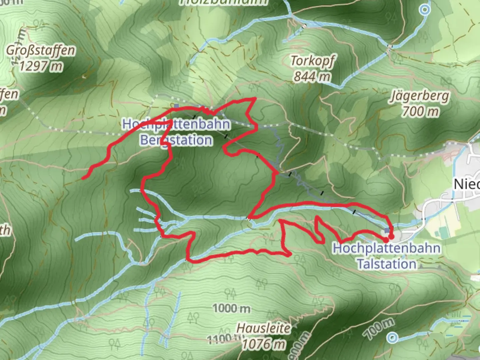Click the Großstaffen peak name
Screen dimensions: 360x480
coord(41,51)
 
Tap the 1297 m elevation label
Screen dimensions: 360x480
coord(41,66)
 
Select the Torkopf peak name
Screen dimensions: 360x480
coord(312,61)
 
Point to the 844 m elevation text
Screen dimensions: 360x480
coord(312,76)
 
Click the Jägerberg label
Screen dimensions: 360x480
coord(420,96)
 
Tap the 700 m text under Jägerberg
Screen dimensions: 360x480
coord(420,111)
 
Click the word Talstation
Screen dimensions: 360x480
coord(387,264)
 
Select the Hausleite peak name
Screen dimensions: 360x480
coord(263,328)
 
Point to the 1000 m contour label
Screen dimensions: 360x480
coord(231,308)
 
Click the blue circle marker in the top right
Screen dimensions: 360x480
coord(425,9)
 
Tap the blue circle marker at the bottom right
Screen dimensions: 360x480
coord(393,338)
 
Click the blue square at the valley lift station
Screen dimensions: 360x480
coord(387,231)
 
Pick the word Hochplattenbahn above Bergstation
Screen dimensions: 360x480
coord(176,125)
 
